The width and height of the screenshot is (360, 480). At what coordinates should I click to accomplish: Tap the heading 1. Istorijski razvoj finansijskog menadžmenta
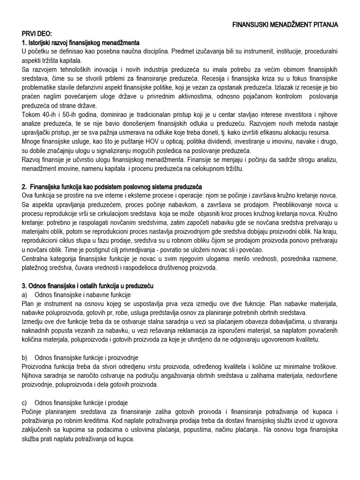(x=81, y=43)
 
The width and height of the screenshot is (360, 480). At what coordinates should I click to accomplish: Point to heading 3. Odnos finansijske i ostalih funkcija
(x=87, y=285)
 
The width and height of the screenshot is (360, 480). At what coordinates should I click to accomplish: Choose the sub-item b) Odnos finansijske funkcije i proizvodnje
(x=80, y=357)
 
